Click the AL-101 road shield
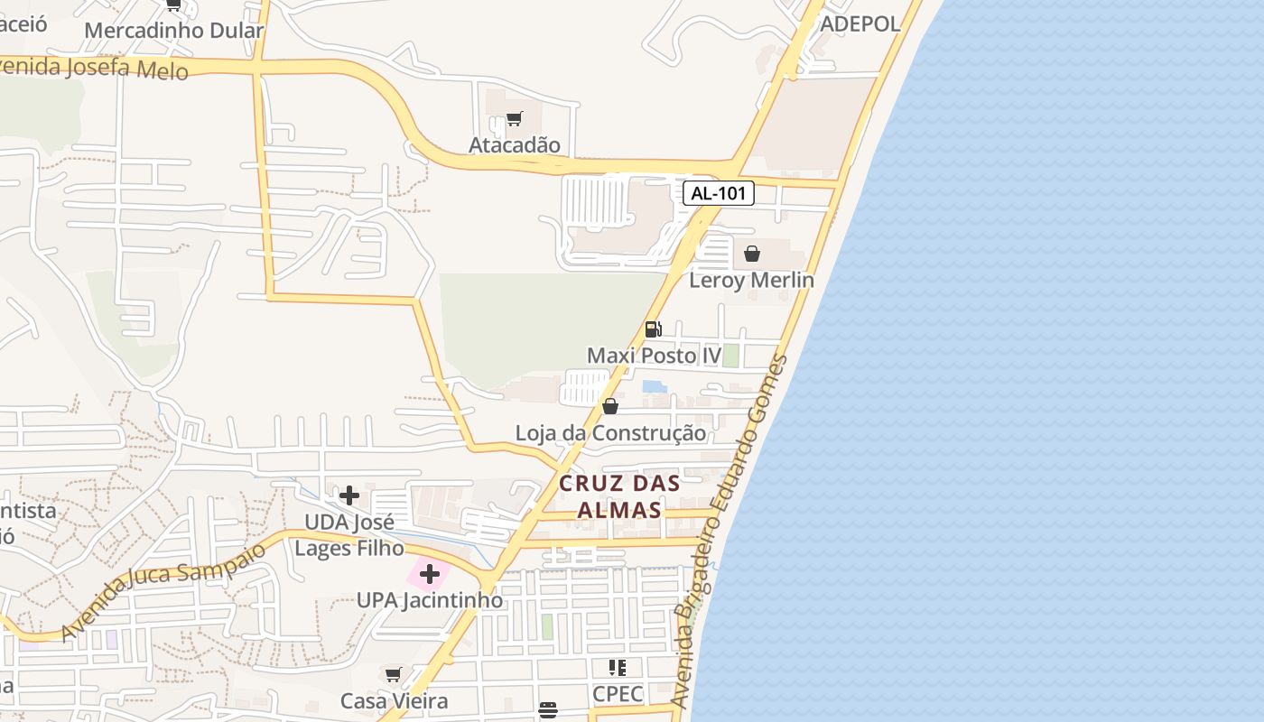718,193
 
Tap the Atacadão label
515,144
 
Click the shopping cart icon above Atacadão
515,118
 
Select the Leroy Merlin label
751,280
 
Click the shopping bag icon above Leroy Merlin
751,254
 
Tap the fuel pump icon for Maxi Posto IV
653,329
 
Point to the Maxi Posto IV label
654,356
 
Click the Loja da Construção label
610,433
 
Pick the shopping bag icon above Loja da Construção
610,406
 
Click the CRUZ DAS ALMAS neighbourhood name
619,496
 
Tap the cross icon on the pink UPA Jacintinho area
430,574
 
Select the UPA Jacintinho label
430,600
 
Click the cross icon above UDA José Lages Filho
349,495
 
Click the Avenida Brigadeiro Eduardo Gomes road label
730,532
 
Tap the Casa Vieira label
394,701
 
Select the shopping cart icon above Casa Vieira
394,675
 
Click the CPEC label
618,694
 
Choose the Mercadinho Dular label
173,30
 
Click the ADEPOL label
860,24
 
